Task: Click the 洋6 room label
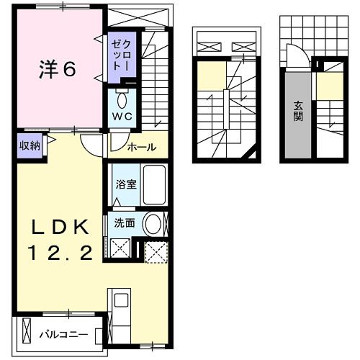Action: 57,70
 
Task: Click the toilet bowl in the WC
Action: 120,99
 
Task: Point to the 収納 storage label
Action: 30,145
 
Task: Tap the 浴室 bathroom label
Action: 125,184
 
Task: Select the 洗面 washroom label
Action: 125,223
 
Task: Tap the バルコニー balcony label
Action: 64,334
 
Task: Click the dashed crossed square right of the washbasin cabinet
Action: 155,251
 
